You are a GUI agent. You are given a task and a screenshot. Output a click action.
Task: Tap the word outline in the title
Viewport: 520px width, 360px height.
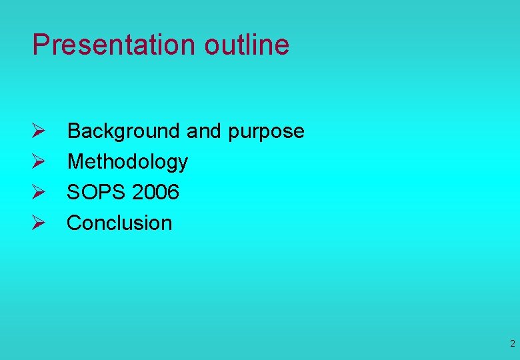pos(247,45)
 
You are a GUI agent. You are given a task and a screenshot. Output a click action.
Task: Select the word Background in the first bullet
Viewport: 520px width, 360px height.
pos(124,131)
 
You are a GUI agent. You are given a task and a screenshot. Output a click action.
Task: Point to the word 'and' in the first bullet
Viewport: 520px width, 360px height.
pos(203,131)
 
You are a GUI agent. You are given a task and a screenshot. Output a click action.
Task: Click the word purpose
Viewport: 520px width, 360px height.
pos(266,132)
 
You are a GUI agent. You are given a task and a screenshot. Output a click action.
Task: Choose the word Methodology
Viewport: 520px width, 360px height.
pos(127,162)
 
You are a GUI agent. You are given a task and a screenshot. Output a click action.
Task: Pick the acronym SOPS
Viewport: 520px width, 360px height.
pos(97,192)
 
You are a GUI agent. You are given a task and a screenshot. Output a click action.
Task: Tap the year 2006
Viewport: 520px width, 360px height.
pos(156,192)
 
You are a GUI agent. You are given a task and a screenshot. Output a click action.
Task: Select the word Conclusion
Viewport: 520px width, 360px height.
pos(119,223)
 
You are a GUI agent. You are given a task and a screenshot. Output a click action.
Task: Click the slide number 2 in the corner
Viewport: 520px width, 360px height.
pos(512,344)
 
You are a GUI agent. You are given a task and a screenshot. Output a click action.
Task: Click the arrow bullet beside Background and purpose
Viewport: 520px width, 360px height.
pos(38,131)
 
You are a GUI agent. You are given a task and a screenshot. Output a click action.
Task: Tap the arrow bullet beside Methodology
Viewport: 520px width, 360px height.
pos(38,162)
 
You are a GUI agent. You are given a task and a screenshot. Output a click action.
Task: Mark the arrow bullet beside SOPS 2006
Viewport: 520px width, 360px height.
pos(38,193)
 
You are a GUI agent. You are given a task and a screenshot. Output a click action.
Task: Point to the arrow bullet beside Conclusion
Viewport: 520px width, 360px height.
pos(38,223)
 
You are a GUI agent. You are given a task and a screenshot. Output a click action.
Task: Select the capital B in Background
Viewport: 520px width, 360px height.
pos(74,131)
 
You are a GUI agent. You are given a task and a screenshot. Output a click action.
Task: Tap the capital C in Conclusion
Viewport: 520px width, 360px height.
pos(75,223)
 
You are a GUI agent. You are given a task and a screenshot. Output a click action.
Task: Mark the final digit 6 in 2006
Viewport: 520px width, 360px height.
pos(173,192)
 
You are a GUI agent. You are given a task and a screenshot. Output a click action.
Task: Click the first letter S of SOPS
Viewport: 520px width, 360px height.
pos(73,192)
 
